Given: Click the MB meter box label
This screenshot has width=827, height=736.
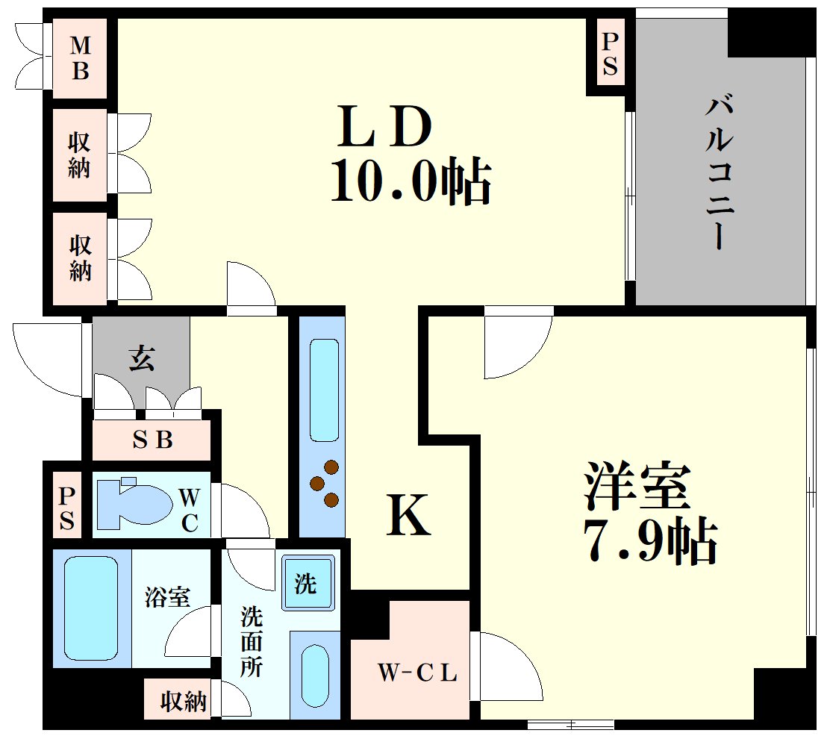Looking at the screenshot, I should point(81,58).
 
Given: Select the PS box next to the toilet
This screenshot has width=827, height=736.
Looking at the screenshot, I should point(67,508).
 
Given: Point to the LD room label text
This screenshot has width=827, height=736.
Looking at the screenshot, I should point(384,128).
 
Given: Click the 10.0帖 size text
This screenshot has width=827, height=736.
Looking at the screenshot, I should point(411,181).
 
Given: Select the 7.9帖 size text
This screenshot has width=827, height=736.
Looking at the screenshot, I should point(649,541).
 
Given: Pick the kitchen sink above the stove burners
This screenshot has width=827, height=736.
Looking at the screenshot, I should point(323,390).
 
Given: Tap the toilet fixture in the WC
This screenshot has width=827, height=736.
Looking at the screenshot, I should point(134,501).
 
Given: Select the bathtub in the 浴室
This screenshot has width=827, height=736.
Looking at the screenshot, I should point(91,608).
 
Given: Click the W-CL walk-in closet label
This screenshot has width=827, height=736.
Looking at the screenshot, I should point(416,673).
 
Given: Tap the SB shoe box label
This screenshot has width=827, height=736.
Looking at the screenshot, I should point(152,440).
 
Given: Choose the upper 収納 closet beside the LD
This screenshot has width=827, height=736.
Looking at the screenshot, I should point(79,155).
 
